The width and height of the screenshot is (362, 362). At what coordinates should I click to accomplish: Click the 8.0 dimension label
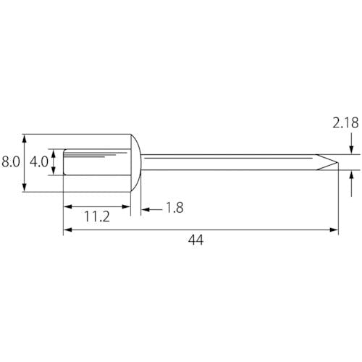click(x=11, y=161)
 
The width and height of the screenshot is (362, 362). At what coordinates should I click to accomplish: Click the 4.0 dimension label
click(x=39, y=161)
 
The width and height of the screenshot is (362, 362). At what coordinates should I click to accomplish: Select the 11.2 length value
click(x=97, y=216)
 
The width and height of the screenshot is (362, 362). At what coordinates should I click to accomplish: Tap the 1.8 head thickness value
click(x=175, y=208)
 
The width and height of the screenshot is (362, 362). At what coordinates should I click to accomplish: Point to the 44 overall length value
click(x=196, y=240)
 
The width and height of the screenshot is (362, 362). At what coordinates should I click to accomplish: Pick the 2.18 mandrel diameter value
click(x=345, y=123)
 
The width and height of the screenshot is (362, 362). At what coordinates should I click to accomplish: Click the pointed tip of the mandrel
click(x=338, y=162)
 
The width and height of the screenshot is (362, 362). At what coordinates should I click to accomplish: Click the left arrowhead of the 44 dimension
click(x=68, y=230)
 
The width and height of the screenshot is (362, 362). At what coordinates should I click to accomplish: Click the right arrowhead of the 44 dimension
click(x=334, y=230)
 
